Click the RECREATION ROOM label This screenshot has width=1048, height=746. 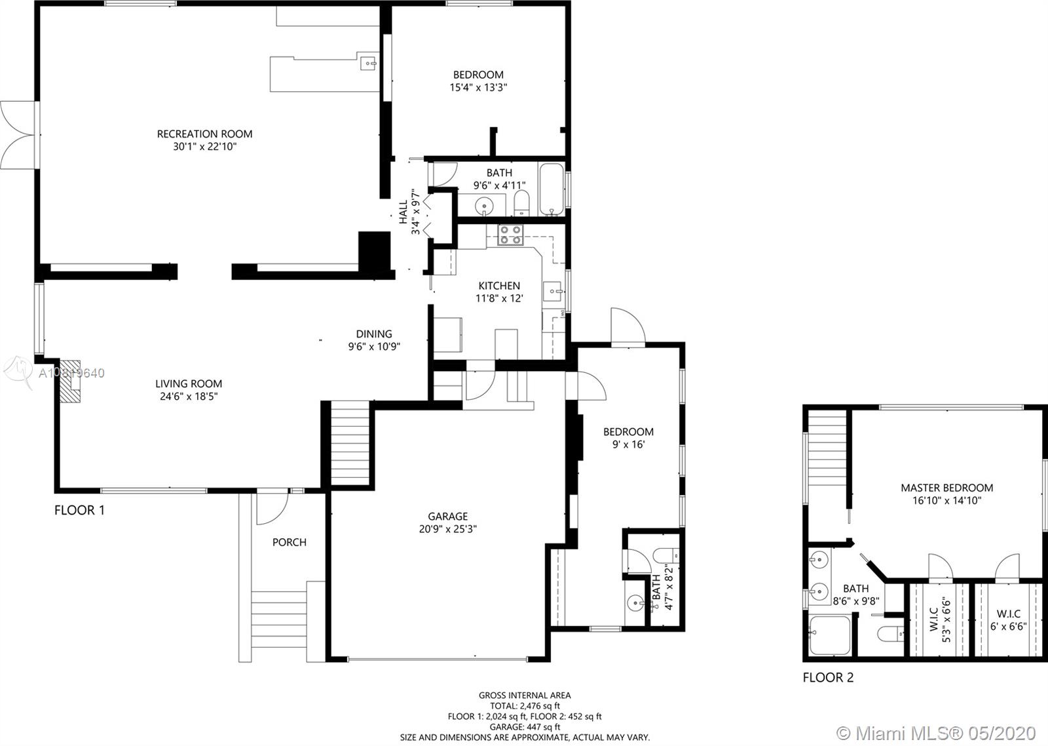pyautogui.click(x=204, y=134)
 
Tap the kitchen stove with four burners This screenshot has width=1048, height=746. pyautogui.click(x=510, y=235)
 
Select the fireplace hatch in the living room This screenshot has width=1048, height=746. pyautogui.click(x=69, y=381)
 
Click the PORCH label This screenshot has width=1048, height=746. pyautogui.click(x=289, y=542)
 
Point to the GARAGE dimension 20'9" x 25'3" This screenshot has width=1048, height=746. pyautogui.click(x=448, y=529)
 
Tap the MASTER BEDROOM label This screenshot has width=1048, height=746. pyautogui.click(x=947, y=488)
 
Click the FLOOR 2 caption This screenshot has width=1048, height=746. pyautogui.click(x=828, y=678)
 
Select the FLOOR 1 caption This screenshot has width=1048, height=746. pyautogui.click(x=79, y=510)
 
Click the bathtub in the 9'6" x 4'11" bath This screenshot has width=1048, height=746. pyautogui.click(x=552, y=189)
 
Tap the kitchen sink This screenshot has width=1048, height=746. pyautogui.click(x=553, y=292)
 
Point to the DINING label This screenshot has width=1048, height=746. pyautogui.click(x=374, y=334)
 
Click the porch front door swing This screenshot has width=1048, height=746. pyautogui.click(x=272, y=508)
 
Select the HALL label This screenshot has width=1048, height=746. pyautogui.click(x=403, y=212)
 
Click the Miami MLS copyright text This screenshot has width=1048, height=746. pyautogui.click(x=936, y=733)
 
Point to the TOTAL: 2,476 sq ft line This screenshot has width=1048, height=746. pyautogui.click(x=525, y=706)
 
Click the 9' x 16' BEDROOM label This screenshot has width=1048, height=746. pyautogui.click(x=628, y=432)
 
